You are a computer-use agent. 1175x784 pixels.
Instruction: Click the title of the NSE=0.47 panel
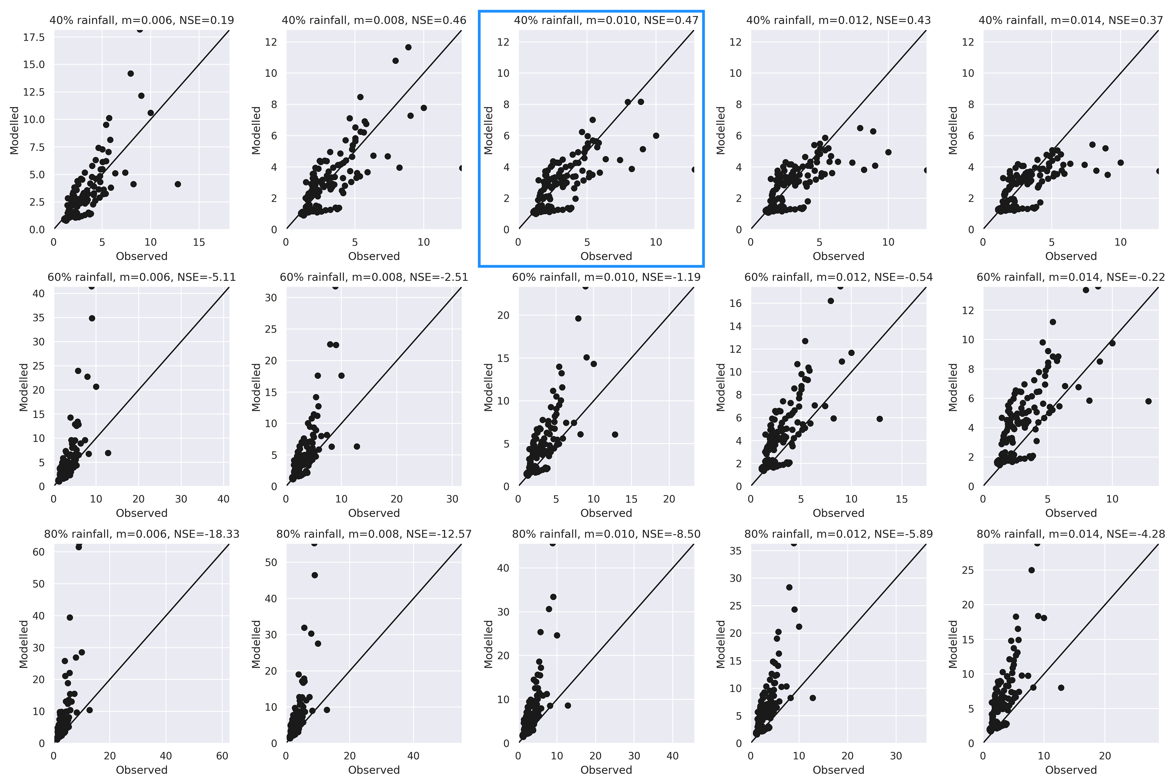tap(606, 20)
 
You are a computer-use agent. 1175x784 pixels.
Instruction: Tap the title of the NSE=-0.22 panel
tap(1070, 277)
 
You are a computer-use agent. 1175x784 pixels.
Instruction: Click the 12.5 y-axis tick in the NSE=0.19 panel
tap(34, 92)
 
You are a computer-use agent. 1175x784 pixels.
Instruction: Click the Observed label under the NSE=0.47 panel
tap(606, 256)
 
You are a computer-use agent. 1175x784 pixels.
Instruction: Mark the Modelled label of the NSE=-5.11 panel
tap(23, 387)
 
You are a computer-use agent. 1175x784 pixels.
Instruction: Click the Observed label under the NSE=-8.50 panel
tap(606, 770)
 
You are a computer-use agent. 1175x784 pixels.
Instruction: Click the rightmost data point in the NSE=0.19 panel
tap(178, 184)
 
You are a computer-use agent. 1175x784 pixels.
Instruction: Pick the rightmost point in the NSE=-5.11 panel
tap(108, 453)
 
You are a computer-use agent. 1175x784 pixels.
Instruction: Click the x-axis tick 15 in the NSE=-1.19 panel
tap(631, 499)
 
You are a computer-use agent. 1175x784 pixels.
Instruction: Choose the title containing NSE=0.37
tap(1070, 20)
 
